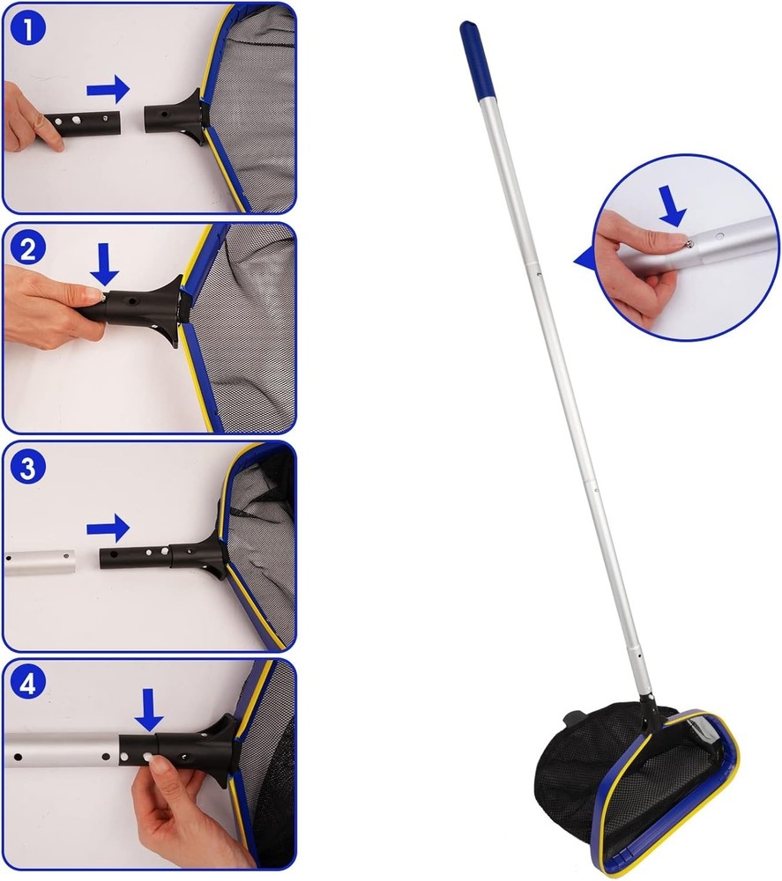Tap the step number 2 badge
pos(27,248)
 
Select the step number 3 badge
pos(27,467)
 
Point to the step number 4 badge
pos(27,685)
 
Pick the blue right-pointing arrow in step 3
pos(108,529)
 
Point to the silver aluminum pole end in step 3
pos(40,561)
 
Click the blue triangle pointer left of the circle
pos(584,259)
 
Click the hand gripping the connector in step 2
pos(44,304)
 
